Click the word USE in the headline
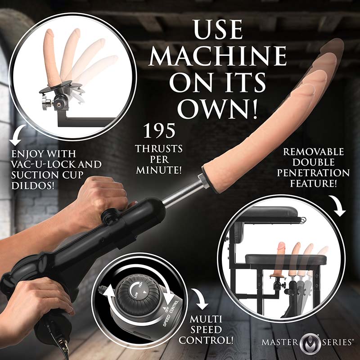pyautogui.click(x=218, y=30)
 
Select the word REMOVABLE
pyautogui.click(x=313, y=152)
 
